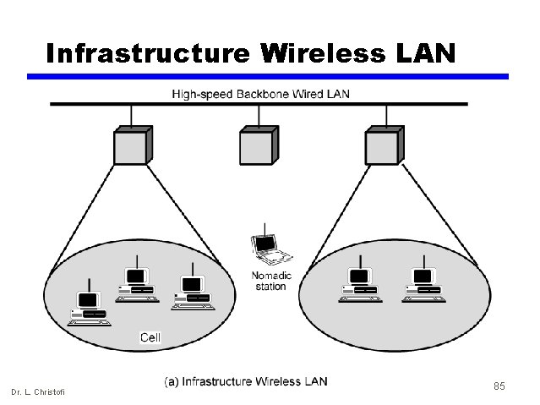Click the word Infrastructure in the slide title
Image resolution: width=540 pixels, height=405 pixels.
pos(148,53)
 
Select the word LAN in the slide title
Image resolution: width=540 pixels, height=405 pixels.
pos(425,53)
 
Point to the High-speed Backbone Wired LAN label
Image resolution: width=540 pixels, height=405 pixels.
pos(261,93)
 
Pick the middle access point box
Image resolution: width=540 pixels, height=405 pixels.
pos(257,145)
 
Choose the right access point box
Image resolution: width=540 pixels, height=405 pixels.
pos(383,145)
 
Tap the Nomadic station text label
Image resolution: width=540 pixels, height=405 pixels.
pos(271,281)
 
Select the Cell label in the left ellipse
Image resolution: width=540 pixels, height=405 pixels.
pos(150,337)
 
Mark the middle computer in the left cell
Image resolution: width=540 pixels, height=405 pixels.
pos(135,283)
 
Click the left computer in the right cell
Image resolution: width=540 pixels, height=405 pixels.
pos(359,283)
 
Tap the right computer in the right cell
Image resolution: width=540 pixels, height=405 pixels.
pos(423,283)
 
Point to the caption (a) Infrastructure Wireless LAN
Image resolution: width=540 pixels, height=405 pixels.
pos(246,381)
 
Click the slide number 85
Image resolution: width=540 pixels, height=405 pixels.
pos(499,386)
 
